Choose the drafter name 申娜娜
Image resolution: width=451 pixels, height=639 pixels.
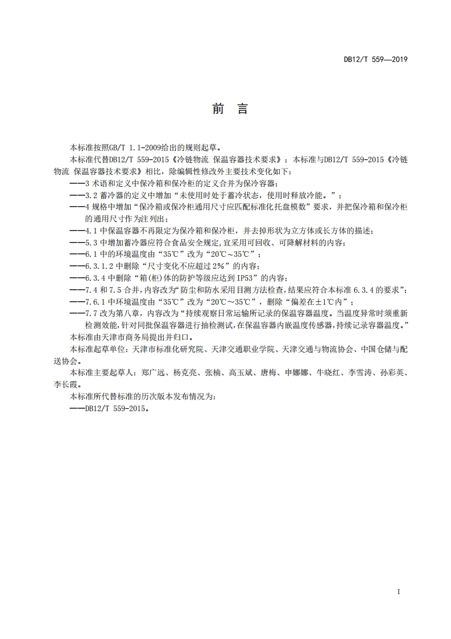[x=297, y=373]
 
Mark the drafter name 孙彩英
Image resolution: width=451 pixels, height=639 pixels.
[x=392, y=373]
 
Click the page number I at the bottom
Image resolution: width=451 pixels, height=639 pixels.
[x=399, y=592]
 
